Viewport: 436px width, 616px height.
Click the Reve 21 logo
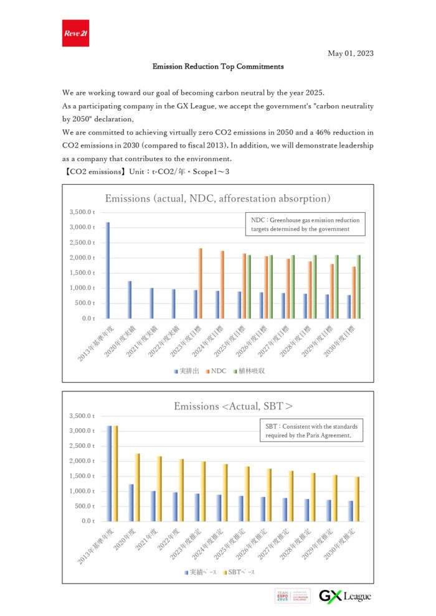tap(76, 33)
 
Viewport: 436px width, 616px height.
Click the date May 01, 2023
tap(351, 54)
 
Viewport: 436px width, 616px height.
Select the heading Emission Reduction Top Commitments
tap(218, 66)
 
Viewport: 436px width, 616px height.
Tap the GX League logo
tap(345, 596)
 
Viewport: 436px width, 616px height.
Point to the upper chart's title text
tap(217, 198)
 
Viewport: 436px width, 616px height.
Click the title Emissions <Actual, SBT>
tap(233, 406)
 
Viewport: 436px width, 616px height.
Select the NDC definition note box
tap(305, 225)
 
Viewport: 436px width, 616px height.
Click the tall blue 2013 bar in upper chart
tap(108, 270)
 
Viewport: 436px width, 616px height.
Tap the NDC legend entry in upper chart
tap(215, 371)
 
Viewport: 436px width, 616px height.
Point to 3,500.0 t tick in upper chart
tap(83, 212)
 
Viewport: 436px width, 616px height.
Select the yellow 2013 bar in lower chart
tap(115, 474)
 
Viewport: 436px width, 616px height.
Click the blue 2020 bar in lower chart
tap(131, 502)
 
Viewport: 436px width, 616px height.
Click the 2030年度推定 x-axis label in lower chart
tap(342, 544)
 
